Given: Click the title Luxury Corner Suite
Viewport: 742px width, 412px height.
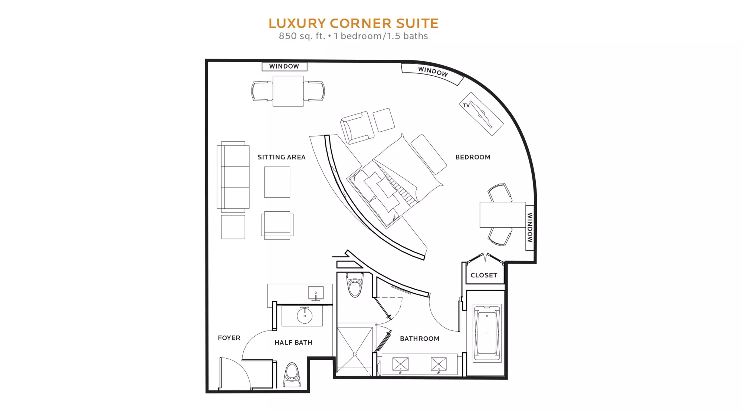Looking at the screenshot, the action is point(353,23).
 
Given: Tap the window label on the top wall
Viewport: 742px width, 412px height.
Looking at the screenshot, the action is point(284,66).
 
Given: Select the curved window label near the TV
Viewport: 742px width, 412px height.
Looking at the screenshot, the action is point(433,72).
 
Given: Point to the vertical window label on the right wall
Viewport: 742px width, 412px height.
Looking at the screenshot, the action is point(530,227).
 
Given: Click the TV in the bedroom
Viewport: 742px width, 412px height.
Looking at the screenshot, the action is point(481,113).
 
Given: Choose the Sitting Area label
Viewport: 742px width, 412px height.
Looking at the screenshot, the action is point(282,157).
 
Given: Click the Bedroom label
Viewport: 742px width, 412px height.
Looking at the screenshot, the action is point(473,157).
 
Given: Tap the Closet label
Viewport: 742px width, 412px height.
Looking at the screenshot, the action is point(484,275).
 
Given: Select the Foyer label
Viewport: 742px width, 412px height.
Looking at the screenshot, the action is point(229,338).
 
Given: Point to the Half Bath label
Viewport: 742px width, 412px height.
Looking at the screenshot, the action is point(293,343).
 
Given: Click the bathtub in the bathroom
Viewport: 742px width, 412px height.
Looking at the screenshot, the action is point(487,333).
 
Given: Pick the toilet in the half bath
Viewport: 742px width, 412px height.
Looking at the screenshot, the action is point(292,375).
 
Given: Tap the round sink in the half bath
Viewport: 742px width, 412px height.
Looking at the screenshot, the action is point(305,316).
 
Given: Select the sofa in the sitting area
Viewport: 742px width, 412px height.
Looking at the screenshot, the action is point(233,177).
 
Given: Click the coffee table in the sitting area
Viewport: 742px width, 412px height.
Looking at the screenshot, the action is point(277,182).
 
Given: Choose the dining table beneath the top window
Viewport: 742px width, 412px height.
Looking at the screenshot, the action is point(288,91).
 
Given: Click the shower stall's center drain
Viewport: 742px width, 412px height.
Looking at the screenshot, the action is point(355,355).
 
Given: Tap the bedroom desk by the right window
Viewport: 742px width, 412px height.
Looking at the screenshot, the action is point(503,215).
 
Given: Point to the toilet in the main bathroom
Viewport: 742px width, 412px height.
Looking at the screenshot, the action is point(355,285).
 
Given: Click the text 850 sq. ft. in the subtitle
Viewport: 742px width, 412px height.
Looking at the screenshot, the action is point(302,36).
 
